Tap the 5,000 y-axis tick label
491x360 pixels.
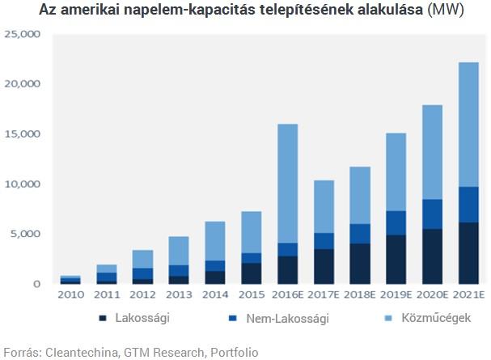click(23, 234)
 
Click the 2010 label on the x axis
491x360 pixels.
click(71, 296)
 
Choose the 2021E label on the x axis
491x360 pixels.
click(468, 296)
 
